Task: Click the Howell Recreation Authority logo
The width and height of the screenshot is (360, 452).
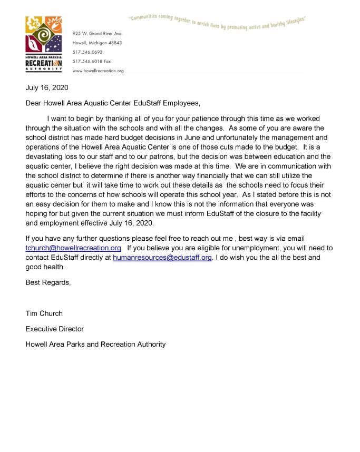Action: tap(44, 43)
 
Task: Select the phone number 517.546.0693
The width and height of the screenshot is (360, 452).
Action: tap(87, 52)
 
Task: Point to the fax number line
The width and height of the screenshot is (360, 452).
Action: tap(91, 61)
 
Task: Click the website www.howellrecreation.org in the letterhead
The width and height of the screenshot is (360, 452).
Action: tap(98, 71)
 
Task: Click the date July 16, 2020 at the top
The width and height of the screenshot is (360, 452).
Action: tap(47, 87)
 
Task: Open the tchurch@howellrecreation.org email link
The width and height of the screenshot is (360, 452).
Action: tap(74, 247)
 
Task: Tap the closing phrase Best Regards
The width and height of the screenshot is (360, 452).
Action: tap(48, 282)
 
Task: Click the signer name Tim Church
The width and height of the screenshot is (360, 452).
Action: tap(44, 313)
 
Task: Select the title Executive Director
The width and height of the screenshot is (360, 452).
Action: tap(55, 329)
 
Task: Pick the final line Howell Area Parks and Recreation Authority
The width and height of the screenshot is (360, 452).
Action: tap(95, 344)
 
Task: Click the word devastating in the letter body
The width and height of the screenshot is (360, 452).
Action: tap(46, 156)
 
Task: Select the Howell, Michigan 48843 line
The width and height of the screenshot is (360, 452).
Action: tap(97, 43)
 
